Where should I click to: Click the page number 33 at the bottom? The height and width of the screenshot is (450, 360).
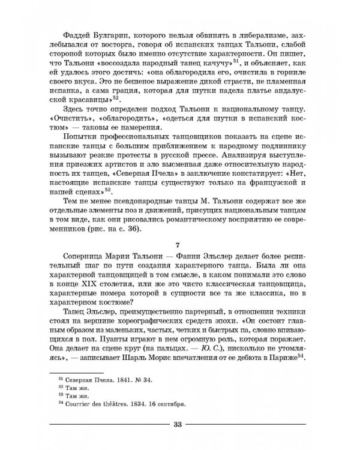click(x=177, y=425)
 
